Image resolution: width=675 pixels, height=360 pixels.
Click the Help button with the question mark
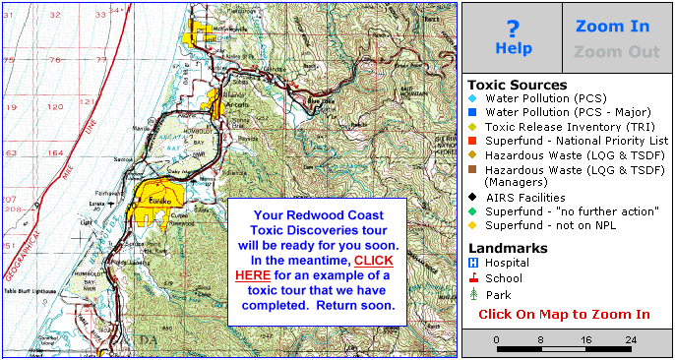pos(513,38)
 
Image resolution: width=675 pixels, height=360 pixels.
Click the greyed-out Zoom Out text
pos(617,52)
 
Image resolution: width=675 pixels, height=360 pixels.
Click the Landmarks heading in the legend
pos(509,248)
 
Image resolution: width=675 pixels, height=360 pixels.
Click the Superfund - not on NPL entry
pos(547,225)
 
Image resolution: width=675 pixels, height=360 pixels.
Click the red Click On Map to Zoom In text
pos(564,315)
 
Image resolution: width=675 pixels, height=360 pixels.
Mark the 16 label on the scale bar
pos(586,340)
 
